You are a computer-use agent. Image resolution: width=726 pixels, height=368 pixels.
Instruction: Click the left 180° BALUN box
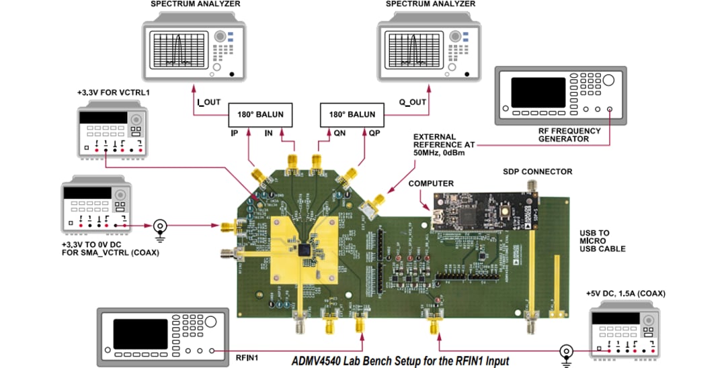(x=259, y=114)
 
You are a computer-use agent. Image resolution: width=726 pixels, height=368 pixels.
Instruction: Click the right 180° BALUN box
(x=352, y=114)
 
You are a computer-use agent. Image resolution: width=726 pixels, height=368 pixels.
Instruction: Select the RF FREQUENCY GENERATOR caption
(x=563, y=135)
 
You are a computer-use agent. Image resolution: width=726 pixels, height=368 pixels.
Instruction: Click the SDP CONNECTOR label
(x=538, y=172)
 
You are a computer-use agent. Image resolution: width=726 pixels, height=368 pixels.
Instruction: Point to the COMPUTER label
(x=431, y=183)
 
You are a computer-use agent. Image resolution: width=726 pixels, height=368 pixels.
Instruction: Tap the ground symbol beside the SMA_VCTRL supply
(x=161, y=226)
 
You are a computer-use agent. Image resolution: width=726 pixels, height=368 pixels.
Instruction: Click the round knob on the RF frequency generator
(x=608, y=81)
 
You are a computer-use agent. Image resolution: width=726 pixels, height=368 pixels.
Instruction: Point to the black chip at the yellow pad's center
(x=307, y=250)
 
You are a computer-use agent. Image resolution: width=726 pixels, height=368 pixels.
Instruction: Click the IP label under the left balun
(x=234, y=133)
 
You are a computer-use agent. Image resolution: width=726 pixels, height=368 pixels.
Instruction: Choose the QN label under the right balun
(x=340, y=133)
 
